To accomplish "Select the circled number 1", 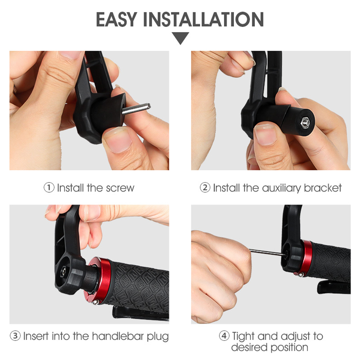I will (x=49, y=188).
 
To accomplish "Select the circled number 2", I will (x=205, y=188).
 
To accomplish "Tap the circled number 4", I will (x=224, y=336).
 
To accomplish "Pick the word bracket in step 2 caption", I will (x=323, y=188).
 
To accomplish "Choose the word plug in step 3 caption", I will (x=158, y=337).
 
